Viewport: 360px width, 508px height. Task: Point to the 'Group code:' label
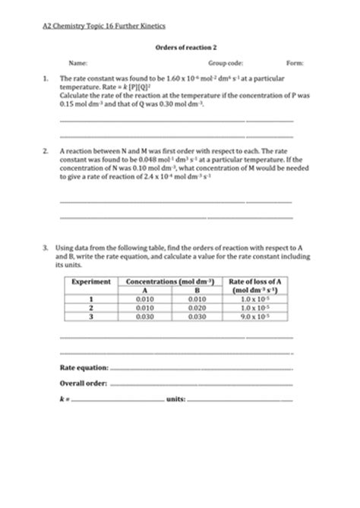(x=226, y=63)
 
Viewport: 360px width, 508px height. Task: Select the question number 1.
(x=46, y=78)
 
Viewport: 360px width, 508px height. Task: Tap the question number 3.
(x=46, y=247)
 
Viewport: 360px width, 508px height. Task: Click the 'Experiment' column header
(x=91, y=282)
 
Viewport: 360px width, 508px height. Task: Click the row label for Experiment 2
(x=91, y=308)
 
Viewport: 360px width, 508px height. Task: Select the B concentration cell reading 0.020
(x=196, y=308)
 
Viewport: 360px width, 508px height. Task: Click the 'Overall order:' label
(x=83, y=383)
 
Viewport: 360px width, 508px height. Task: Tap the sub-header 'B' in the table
(x=196, y=290)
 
